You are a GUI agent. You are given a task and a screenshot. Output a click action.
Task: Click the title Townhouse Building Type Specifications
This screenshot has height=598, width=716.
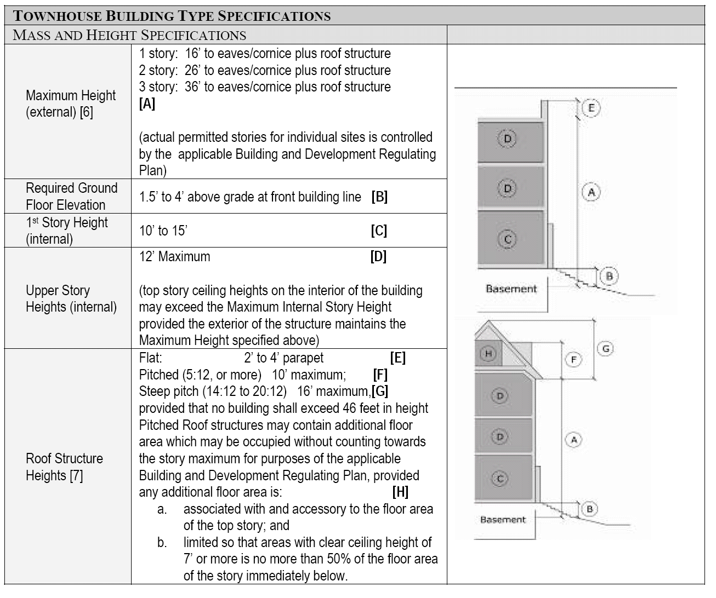(x=172, y=15)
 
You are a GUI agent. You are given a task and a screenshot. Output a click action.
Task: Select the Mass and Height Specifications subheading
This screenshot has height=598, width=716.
(x=129, y=36)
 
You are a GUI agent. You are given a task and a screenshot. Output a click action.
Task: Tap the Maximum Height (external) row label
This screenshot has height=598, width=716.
(x=70, y=104)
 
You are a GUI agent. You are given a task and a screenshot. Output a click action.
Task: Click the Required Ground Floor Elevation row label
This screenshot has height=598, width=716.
(x=71, y=197)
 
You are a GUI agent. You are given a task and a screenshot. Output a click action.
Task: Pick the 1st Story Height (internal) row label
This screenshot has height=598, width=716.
(x=66, y=231)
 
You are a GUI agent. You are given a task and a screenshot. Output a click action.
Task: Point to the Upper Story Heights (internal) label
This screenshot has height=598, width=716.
(x=71, y=298)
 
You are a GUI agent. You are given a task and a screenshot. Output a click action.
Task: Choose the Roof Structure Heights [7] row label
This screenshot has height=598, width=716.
(x=64, y=467)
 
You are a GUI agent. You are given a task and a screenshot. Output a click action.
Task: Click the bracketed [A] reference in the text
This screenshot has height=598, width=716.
(x=147, y=104)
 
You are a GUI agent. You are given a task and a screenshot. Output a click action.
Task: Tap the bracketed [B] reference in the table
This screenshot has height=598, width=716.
(x=379, y=197)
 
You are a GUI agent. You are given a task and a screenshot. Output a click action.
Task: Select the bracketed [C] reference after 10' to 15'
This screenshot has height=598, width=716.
(x=379, y=231)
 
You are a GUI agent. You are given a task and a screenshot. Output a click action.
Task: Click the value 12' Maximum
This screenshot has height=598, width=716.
(x=174, y=256)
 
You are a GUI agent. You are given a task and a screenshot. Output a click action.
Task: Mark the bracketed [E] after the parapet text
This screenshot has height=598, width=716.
(x=398, y=358)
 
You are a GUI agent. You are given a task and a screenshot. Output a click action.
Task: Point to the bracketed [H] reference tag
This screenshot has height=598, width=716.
(x=401, y=492)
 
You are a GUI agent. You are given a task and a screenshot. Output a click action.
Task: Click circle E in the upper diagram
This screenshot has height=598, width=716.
(x=591, y=108)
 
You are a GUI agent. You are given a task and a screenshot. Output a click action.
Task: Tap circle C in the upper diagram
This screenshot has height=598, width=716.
(x=508, y=239)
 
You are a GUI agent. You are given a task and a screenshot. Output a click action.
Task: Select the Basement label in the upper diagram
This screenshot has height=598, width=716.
(x=511, y=289)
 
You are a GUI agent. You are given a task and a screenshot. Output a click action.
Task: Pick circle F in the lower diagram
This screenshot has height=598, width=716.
(x=573, y=360)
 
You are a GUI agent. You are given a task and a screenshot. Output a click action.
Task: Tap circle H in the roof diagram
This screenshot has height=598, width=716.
(x=488, y=354)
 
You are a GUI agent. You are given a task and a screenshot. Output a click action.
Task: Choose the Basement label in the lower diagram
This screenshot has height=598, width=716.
(x=503, y=520)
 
